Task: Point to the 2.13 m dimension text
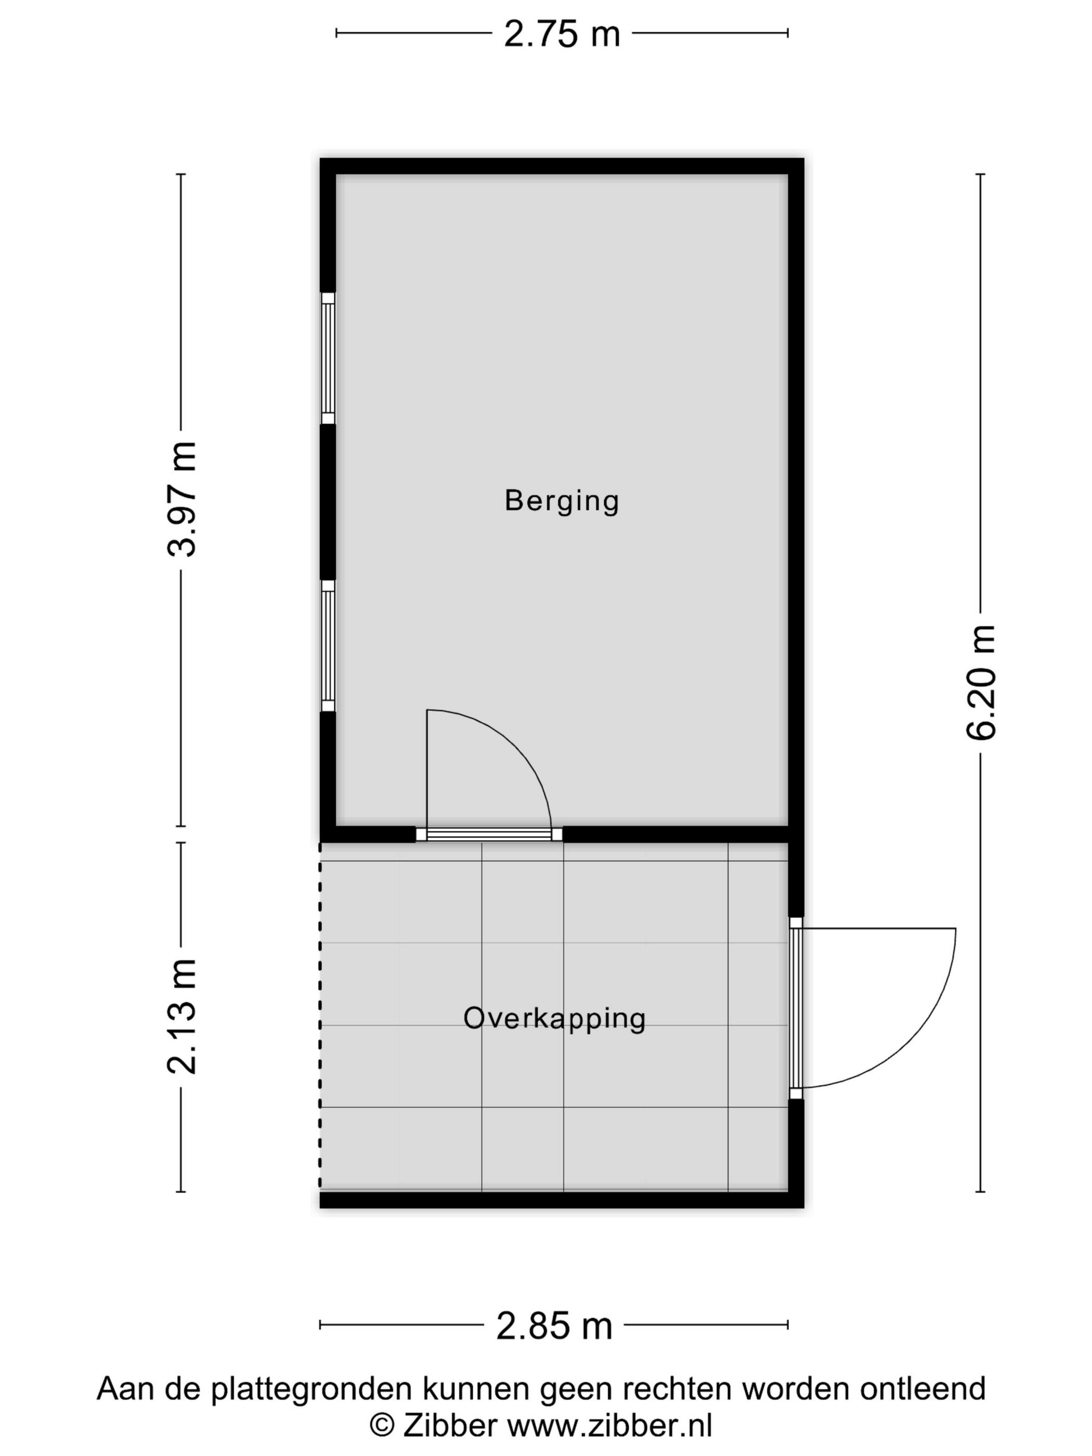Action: coord(181,1016)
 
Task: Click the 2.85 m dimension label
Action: coord(554,1325)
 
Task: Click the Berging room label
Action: coord(562,500)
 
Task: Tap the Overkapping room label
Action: coord(554,1018)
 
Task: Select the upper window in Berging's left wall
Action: coord(328,358)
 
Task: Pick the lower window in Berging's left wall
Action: coord(328,645)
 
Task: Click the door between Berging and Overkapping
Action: coord(489,834)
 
